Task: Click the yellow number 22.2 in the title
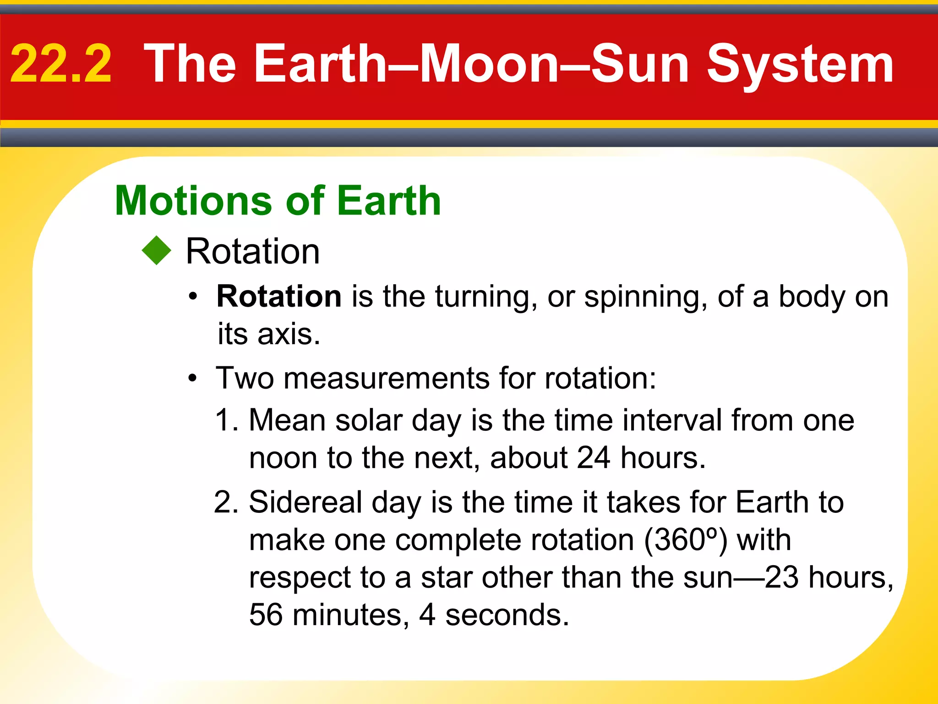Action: [61, 64]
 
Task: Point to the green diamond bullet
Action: [157, 250]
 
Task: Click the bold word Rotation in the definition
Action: [279, 297]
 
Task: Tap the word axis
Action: [288, 334]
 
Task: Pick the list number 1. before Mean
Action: [227, 420]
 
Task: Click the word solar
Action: [369, 420]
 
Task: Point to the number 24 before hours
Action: [593, 458]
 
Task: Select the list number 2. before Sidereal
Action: [226, 502]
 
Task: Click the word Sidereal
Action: [305, 502]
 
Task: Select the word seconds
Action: [507, 615]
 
